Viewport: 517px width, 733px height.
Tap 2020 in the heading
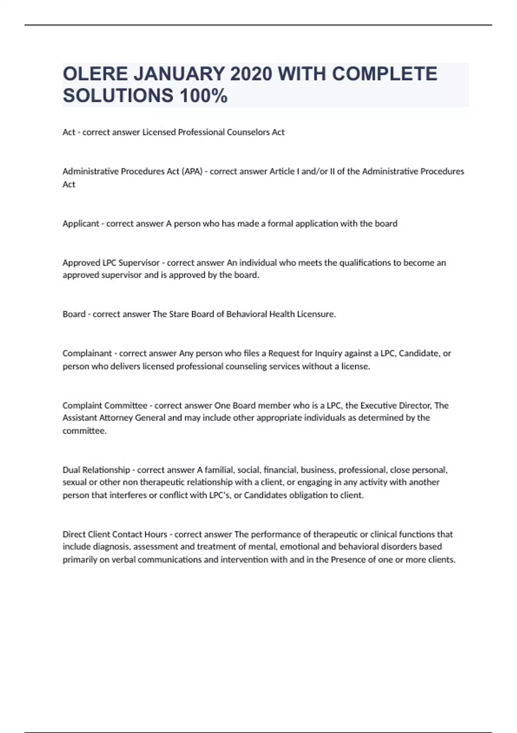point(250,74)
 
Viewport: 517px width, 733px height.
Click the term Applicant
point(81,223)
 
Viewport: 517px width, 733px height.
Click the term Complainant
point(87,353)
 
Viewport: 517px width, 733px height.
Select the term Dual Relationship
point(96,470)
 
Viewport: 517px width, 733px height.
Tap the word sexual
point(74,482)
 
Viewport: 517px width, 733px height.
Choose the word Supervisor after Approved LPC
point(139,263)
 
